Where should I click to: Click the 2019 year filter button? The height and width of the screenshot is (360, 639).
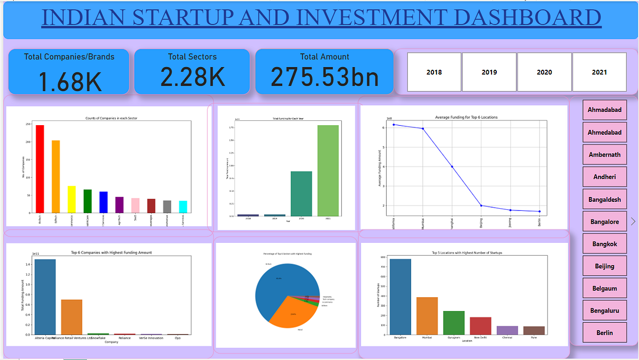point(489,72)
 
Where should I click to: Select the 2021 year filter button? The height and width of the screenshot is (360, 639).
point(599,72)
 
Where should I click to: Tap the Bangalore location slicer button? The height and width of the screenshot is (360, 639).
point(604,222)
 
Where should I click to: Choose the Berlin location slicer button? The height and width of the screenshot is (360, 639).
point(604,333)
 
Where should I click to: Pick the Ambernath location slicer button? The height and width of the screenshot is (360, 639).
point(604,155)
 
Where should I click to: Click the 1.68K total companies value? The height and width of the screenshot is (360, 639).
point(69,81)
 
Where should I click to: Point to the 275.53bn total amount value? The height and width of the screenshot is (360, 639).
point(324,77)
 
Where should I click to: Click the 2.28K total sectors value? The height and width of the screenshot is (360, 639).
point(192,77)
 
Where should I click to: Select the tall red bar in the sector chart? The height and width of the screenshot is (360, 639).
point(40,168)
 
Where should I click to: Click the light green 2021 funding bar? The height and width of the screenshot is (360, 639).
point(328,170)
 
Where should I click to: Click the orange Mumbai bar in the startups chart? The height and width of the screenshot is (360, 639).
point(427,316)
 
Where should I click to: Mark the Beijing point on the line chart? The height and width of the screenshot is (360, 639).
point(481,206)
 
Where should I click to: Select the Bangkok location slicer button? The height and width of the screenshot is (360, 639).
point(604,244)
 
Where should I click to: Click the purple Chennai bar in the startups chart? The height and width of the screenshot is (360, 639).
point(507,330)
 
